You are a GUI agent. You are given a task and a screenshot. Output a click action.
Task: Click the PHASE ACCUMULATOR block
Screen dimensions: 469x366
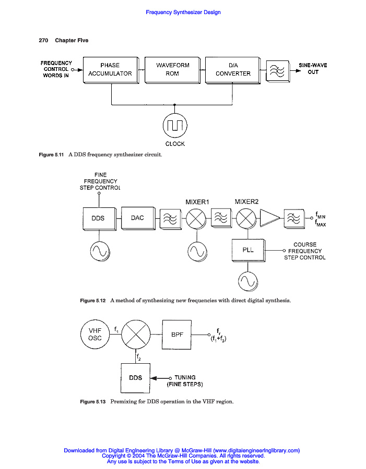[110, 69]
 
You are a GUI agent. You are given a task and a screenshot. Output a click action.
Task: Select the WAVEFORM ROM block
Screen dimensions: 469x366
[172, 69]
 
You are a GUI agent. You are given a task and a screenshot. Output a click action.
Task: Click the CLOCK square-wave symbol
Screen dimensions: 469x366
[175, 125]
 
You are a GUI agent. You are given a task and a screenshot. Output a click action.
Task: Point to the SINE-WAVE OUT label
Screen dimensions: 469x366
[313, 69]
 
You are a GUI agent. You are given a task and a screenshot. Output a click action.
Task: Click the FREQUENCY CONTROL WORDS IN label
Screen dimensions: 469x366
[56, 69]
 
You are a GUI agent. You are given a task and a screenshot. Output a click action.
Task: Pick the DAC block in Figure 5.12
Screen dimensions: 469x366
[137, 218]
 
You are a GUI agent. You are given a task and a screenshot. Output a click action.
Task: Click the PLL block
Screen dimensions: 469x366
[248, 250]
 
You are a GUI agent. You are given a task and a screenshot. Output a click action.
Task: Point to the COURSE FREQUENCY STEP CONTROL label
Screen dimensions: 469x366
[305, 251]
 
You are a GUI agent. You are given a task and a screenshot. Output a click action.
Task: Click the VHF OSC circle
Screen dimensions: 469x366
[95, 334]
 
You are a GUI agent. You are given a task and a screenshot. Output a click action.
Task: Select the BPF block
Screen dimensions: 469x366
[177, 334]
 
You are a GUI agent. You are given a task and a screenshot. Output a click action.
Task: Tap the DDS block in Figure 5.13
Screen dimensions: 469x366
[135, 377]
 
